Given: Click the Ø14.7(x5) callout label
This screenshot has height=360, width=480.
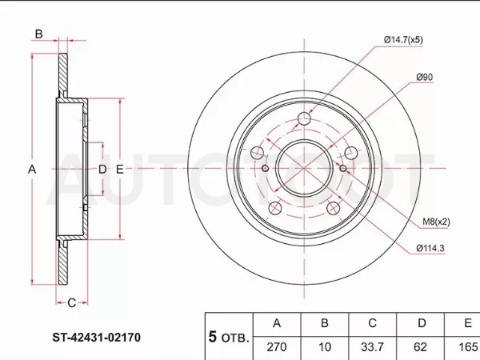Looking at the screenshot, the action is (x=403, y=40).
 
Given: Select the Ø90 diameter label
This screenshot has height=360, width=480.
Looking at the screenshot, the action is (x=425, y=77).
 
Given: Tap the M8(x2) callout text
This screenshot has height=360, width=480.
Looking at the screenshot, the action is (x=436, y=222).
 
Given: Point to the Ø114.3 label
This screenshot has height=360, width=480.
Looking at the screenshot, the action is (x=430, y=248).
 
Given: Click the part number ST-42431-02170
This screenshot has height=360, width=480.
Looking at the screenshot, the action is (x=97, y=338).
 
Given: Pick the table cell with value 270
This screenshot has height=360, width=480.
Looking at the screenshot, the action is (x=277, y=347).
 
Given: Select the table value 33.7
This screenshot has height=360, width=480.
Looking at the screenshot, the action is (x=372, y=347).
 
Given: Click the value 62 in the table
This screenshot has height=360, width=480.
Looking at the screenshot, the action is (x=420, y=347).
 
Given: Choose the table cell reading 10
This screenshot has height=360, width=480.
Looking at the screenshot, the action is (x=325, y=347).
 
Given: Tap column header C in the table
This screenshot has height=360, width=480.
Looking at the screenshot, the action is (x=372, y=323).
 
